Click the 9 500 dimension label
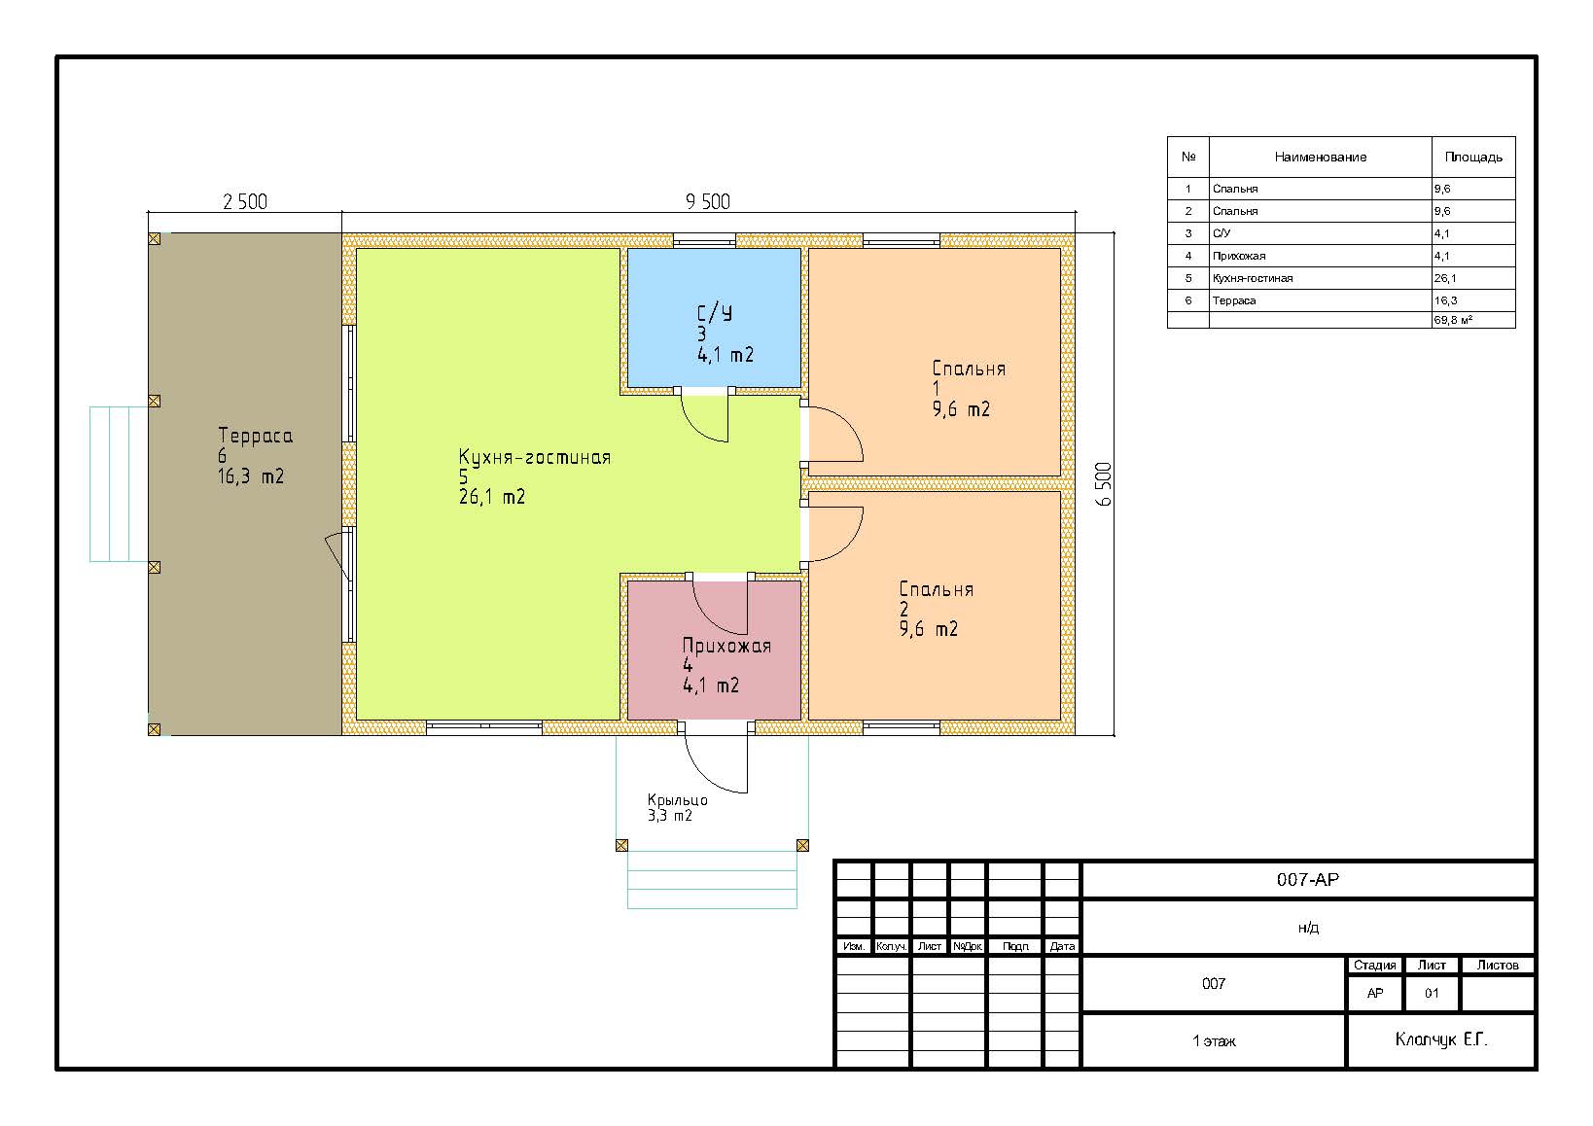pyautogui.click(x=708, y=202)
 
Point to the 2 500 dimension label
pyautogui.click(x=245, y=202)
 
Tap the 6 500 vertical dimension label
pyautogui.click(x=1103, y=484)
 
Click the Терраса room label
pyautogui.click(x=256, y=436)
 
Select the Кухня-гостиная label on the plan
pyautogui.click(x=535, y=456)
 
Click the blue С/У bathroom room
pyautogui.click(x=713, y=318)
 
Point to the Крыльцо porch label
pyautogui.click(x=677, y=799)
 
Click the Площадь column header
pyautogui.click(x=1472, y=158)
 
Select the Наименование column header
pyautogui.click(x=1320, y=158)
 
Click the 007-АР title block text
pyautogui.click(x=1307, y=879)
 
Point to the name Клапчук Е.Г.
pyautogui.click(x=1441, y=1039)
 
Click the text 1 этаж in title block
pyautogui.click(x=1214, y=1041)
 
